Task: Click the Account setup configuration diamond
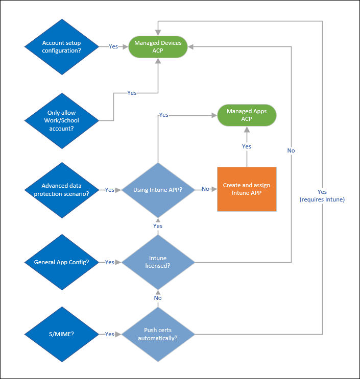pos(61,46)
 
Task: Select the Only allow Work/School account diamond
pos(61,120)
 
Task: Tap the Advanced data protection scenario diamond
pos(61,189)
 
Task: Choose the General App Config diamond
pos(61,262)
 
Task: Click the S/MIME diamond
pos(61,334)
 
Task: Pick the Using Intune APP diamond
pos(158,189)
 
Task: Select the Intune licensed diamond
pos(158,262)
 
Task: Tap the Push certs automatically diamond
pos(158,334)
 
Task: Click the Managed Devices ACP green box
pos(158,46)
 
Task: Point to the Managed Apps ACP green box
pos(247,115)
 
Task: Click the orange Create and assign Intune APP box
pos(247,189)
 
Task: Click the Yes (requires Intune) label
pos(322,195)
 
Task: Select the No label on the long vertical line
pos(291,150)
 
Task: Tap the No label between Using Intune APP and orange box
pos(205,189)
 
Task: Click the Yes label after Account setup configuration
pos(113,46)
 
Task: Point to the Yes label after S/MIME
pos(109,334)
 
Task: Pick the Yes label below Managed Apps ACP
pos(247,146)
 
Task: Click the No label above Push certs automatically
pos(158,298)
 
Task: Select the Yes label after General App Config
pos(109,262)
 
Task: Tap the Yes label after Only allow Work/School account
pos(132,93)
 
